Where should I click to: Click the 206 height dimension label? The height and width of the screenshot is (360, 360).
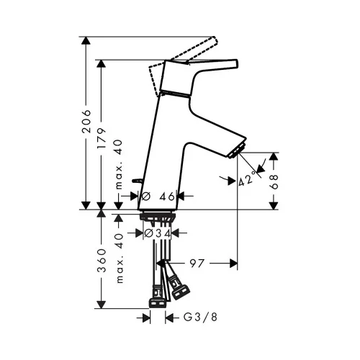(86, 122)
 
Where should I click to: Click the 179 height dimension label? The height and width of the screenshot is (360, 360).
(102, 138)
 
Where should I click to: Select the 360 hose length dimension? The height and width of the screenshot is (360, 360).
(102, 261)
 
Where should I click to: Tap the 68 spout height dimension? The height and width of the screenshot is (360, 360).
(274, 182)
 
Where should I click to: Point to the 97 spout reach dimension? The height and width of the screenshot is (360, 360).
(197, 264)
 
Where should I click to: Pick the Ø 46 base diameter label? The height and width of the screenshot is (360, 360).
(158, 197)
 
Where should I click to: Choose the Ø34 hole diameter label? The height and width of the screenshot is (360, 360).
(158, 233)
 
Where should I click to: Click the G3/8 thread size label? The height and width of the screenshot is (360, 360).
(200, 317)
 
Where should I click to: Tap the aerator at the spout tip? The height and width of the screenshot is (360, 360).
(238, 150)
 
